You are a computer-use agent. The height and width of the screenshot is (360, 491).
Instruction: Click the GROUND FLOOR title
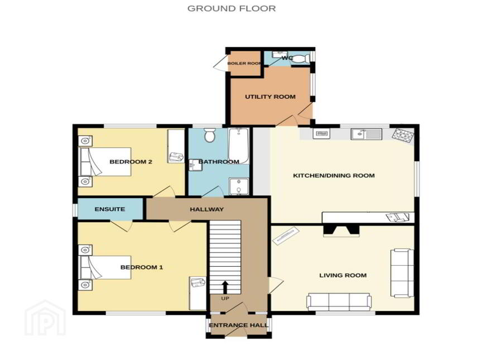pos(232,8)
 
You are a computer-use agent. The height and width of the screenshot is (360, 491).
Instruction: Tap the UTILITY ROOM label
pos(270,97)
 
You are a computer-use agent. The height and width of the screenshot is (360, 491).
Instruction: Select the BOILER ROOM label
pos(244,63)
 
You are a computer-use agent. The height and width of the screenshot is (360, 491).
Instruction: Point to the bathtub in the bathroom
pos(239,146)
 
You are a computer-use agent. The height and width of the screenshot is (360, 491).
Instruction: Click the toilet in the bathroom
pos(209,135)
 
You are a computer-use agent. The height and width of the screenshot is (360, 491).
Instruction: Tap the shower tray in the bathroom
pos(239,186)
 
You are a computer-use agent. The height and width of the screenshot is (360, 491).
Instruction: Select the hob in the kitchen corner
pos(403,136)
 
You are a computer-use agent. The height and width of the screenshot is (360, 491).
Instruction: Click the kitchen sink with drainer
pos(367,134)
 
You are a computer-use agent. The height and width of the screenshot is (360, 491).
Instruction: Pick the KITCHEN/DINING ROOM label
pos(334,175)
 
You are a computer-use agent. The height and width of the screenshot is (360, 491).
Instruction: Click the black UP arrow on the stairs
pos(225,287)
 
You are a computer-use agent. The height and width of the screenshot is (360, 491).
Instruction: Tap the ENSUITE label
pos(109,209)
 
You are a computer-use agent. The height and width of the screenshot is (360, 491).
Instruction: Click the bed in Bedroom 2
pos(104,162)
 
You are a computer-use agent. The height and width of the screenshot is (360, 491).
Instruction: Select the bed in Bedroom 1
pos(104,267)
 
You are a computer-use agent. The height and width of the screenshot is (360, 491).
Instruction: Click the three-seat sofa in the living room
pos(339,302)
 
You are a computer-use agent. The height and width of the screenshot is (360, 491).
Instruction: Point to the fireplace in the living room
pos(341,231)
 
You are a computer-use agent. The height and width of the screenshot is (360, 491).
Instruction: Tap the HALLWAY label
pos(206,209)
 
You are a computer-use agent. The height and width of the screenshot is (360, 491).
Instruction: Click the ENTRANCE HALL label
pos(239,325)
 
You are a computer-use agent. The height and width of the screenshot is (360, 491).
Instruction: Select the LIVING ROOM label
pos(343,275)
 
